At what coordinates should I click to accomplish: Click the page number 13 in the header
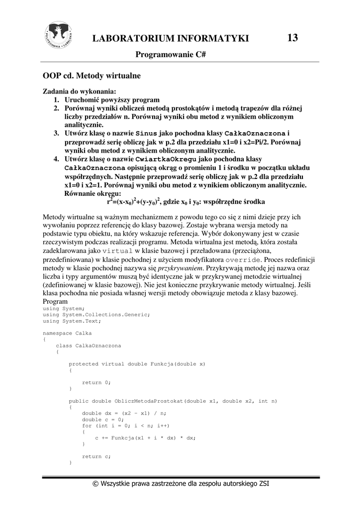(292, 38)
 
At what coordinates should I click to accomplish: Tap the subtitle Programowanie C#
(171, 55)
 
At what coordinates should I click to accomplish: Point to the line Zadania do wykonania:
(79, 91)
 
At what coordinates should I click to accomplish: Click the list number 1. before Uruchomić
(57, 99)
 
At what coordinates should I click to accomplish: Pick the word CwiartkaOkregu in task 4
(166, 159)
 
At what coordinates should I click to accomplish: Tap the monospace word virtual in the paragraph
(117, 251)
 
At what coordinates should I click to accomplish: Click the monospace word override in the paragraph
(243, 259)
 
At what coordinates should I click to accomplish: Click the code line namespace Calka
(67, 333)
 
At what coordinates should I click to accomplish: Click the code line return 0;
(96, 382)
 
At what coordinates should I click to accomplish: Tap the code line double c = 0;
(102, 419)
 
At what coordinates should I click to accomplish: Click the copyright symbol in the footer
(95, 483)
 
